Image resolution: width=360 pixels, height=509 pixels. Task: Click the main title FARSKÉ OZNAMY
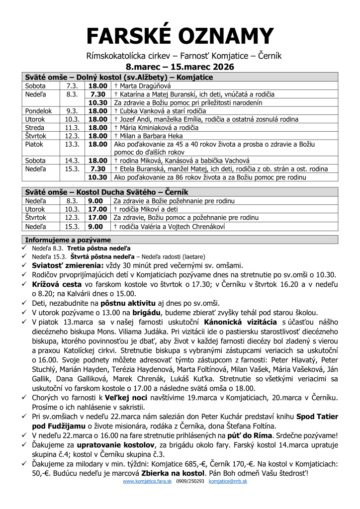click(180, 36)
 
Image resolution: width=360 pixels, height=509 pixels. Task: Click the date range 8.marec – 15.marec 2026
click(180, 67)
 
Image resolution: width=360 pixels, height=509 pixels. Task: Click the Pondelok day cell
click(38, 111)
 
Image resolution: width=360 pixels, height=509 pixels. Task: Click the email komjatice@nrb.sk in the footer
click(228, 482)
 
